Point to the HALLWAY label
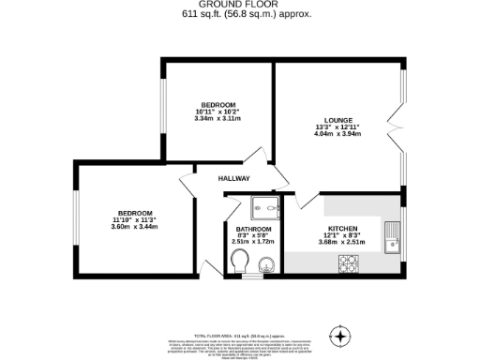point(234,178)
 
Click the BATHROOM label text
point(253,230)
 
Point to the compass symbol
point(340,336)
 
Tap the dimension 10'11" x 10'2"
point(217,112)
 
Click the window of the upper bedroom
point(163,111)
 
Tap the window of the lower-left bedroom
point(77,221)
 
